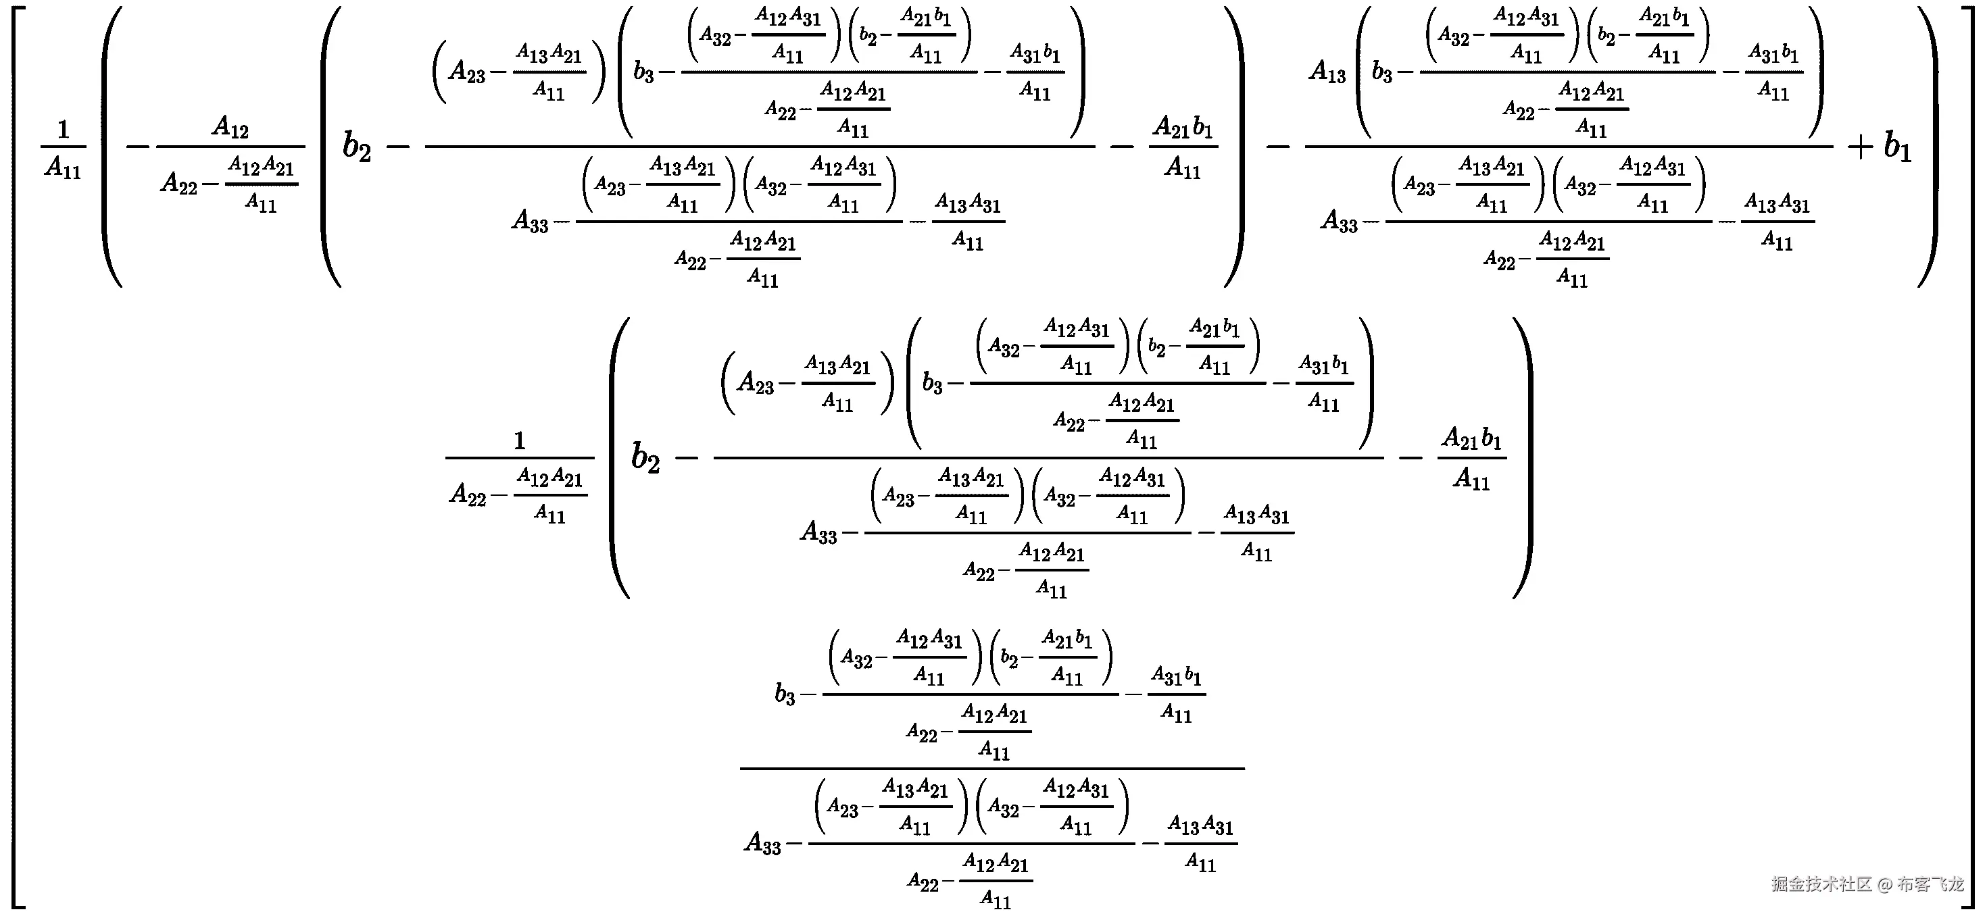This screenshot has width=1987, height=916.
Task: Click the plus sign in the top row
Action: click(1860, 147)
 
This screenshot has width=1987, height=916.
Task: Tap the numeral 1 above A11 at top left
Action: click(64, 129)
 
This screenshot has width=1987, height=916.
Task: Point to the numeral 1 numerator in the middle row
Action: click(519, 440)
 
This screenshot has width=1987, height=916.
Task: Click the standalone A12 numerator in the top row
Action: click(230, 126)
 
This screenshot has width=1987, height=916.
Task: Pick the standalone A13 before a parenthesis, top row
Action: click(1327, 72)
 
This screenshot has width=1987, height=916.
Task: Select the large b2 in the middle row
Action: click(645, 457)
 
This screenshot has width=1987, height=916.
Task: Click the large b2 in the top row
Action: click(356, 147)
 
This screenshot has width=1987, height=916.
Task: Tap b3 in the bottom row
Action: click(785, 694)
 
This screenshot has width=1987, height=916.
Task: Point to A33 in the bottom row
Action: click(763, 843)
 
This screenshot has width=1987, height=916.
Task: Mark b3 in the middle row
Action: click(933, 383)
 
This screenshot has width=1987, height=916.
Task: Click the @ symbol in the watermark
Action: click(1884, 884)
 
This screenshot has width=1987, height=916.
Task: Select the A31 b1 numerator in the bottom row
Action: click(1176, 676)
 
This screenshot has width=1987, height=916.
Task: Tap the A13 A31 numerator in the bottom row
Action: click(1200, 825)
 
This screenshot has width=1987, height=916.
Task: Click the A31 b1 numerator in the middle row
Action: click(1323, 365)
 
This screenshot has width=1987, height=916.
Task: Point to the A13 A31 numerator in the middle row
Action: click(1256, 514)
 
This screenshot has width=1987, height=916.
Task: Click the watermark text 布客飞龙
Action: click(1930, 884)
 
